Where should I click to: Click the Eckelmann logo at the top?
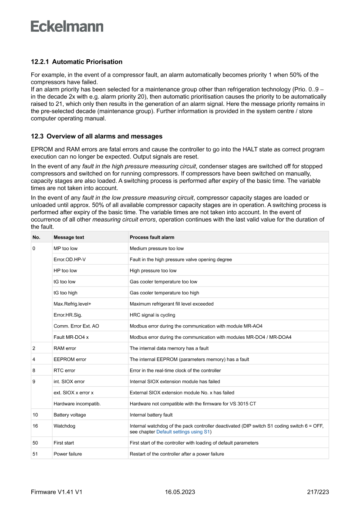point(67,26)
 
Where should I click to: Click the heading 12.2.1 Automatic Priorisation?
point(77,62)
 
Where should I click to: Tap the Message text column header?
point(69,237)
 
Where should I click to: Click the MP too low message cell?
point(65,249)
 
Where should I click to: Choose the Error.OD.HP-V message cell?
point(70,260)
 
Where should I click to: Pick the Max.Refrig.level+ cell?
point(72,304)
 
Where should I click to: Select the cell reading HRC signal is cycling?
point(152,315)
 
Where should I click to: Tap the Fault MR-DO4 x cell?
point(71,337)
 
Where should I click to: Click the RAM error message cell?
point(64,348)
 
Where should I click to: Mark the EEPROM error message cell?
point(70,359)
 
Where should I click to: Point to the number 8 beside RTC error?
point(34,371)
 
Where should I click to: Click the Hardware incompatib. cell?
point(77,404)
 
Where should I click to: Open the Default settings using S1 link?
point(183,432)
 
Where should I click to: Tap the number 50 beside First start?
point(35,443)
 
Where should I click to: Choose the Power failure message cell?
point(67,454)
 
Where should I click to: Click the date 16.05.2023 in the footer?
point(180,492)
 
